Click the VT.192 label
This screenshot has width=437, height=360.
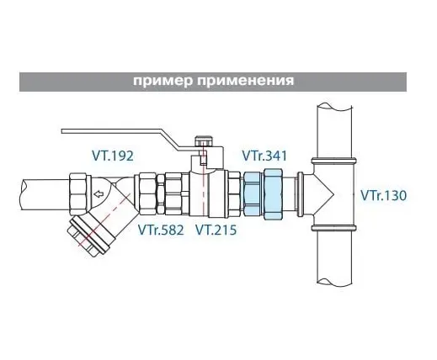[113, 156]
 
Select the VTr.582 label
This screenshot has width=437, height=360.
[161, 230]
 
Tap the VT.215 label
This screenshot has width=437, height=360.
[216, 230]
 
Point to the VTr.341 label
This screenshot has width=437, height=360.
[264, 156]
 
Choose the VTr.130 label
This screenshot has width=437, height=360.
[383, 195]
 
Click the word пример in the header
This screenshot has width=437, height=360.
[163, 81]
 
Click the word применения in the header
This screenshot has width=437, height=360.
[245, 81]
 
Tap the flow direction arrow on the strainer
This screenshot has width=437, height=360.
[99, 193]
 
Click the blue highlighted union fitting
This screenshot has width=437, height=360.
[263, 194]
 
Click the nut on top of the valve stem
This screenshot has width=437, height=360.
[204, 141]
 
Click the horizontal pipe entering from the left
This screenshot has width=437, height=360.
[45, 194]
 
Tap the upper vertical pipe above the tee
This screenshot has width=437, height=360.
[334, 131]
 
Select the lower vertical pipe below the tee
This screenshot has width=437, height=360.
[334, 256]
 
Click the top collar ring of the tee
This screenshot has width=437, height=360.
[334, 161]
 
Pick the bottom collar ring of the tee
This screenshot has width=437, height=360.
[334, 228]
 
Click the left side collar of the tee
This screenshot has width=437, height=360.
[300, 194]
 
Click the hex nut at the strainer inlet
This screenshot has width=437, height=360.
[80, 194]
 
